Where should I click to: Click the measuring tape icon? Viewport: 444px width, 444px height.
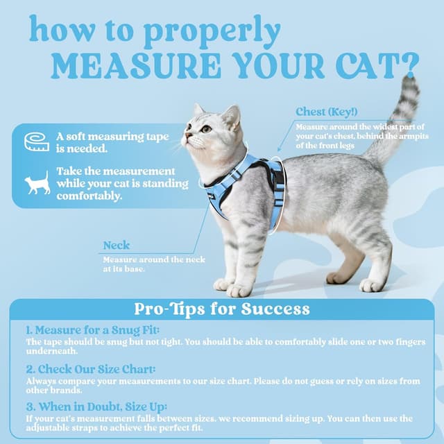(x=37, y=142)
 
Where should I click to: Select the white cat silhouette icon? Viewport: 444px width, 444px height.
(x=37, y=182)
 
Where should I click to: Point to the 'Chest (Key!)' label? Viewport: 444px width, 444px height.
(x=326, y=112)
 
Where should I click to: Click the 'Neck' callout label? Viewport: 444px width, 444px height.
(x=116, y=246)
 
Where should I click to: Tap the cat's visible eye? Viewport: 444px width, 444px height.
(x=206, y=128)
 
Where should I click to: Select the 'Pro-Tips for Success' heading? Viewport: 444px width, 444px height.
(x=222, y=309)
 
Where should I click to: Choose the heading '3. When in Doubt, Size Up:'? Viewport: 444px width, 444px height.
(x=96, y=407)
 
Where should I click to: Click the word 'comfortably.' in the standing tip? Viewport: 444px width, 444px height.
(x=89, y=196)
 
